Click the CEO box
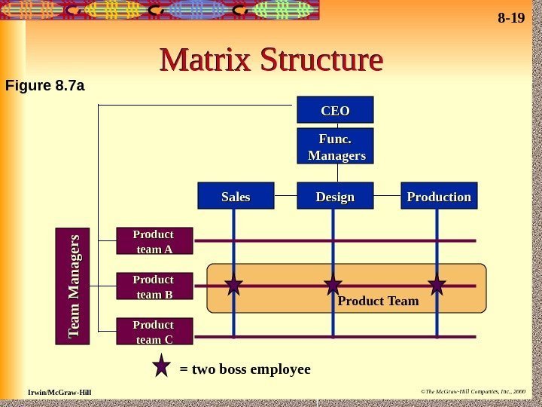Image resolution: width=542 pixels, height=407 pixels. point(335,110)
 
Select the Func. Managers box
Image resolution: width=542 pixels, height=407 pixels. point(335,146)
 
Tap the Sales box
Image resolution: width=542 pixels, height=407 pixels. point(235,196)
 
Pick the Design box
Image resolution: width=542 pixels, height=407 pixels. point(335,196)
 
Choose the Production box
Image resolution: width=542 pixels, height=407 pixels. point(439,196)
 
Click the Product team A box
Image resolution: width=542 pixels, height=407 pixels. point(154,241)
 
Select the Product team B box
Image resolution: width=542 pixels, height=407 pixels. point(154,286)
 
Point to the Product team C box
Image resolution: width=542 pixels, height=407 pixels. point(154,332)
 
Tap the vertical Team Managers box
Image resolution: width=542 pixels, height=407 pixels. point(73,286)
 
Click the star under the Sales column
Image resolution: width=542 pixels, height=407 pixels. point(233,285)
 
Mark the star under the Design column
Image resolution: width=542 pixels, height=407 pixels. point(333,285)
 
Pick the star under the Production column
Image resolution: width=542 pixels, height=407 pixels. point(437,285)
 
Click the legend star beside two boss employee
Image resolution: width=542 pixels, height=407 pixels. point(162,367)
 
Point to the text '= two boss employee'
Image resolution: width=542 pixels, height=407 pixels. point(245,369)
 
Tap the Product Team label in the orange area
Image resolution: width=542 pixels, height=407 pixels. point(378,301)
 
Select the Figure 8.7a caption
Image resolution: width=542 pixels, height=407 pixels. point(44,85)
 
